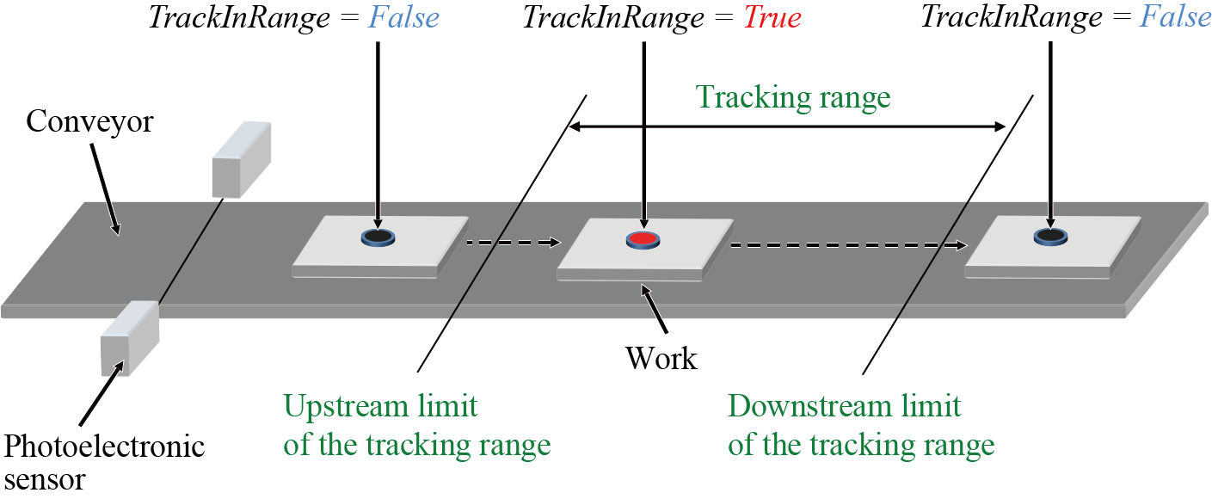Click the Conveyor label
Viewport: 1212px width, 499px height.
(89, 121)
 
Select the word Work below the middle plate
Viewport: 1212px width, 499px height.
(661, 357)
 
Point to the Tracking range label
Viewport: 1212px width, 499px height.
(793, 97)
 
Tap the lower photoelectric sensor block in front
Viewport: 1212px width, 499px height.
(130, 338)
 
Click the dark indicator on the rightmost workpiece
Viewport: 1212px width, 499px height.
(1049, 234)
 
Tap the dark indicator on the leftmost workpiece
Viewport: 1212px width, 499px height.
(376, 236)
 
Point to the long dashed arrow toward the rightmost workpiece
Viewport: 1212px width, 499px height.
(847, 245)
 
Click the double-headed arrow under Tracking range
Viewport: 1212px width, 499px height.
(787, 127)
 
